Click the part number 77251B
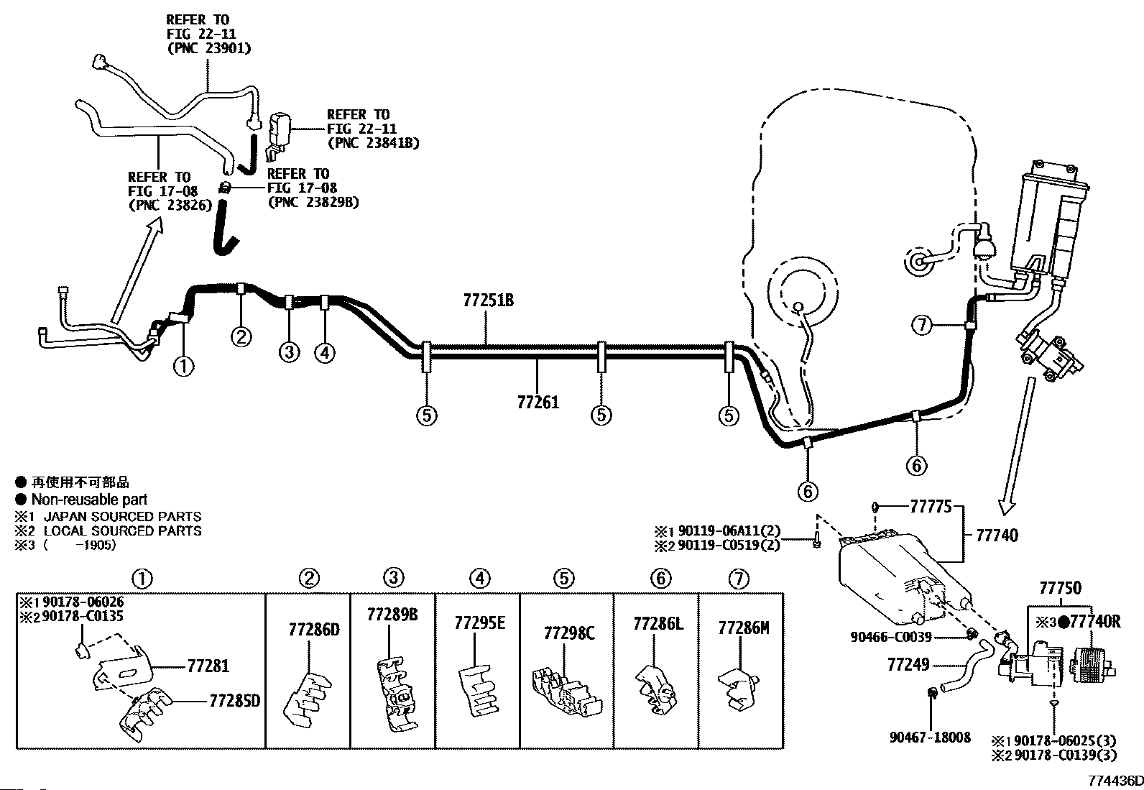tap(488, 300)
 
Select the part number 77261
tap(538, 403)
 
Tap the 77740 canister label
tap(997, 536)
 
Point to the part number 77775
tap(931, 506)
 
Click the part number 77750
tap(1060, 588)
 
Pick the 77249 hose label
tap(908, 664)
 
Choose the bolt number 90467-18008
tap(930, 738)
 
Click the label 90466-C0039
tap(890, 637)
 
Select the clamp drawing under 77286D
tap(306, 700)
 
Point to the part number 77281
tap(208, 666)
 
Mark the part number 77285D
tap(234, 701)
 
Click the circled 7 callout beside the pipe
tap(923, 325)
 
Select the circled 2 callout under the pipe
tap(241, 336)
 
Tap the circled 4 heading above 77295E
tap(479, 579)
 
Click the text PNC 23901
tap(209, 48)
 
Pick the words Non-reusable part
tap(89, 500)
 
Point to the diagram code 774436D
tap(1115, 780)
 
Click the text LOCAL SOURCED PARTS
tap(123, 531)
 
